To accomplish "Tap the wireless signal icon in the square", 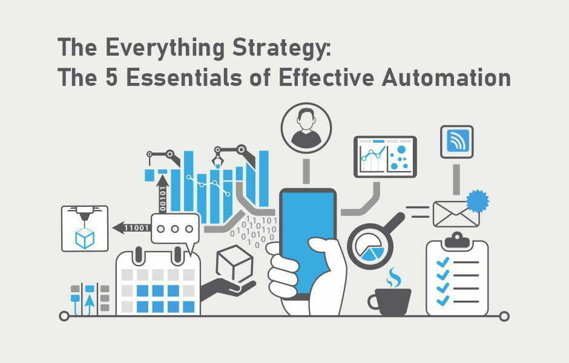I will click(456, 142).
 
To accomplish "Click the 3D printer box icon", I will click(85, 228).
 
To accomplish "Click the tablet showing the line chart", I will click(385, 157).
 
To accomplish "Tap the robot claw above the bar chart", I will click(217, 159).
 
